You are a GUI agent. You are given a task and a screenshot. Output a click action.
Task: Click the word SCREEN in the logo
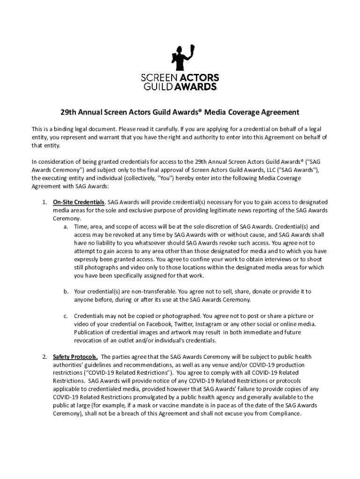coord(158,78)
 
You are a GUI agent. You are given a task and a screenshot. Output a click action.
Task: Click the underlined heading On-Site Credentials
coord(79,202)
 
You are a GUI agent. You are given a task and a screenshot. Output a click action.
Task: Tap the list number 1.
coord(44,202)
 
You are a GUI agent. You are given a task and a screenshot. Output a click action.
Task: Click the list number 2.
coord(44,357)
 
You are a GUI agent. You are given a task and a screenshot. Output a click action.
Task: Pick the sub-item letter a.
coord(65,226)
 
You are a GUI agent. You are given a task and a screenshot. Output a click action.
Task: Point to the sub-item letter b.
coord(65,291)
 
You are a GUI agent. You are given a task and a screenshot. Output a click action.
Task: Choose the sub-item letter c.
coord(65,316)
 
